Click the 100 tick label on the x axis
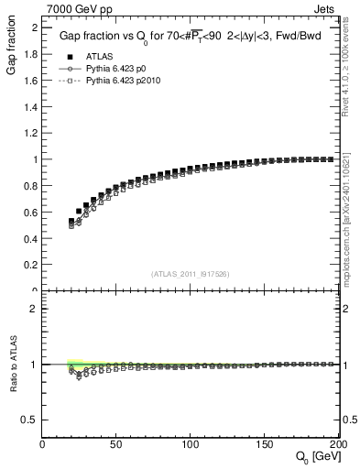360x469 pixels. click(x=191, y=446)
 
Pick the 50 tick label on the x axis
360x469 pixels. click(x=116, y=446)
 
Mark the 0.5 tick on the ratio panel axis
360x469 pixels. click(x=32, y=420)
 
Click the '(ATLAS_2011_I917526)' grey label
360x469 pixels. click(x=191, y=274)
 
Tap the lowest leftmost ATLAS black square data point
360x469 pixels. click(x=72, y=221)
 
